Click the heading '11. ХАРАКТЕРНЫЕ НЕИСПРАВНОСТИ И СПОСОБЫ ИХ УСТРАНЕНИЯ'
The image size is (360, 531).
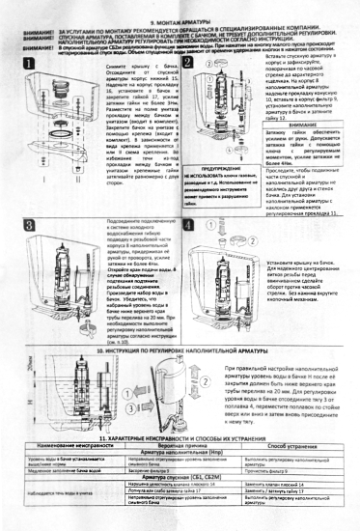pyautogui.click(x=180, y=463)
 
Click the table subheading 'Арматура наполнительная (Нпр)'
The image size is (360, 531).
pyautogui.click(x=180, y=478)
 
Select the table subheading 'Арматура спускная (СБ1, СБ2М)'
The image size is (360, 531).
pyautogui.click(x=180, y=502)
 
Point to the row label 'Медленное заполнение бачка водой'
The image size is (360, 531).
pyautogui.click(x=50, y=494)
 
